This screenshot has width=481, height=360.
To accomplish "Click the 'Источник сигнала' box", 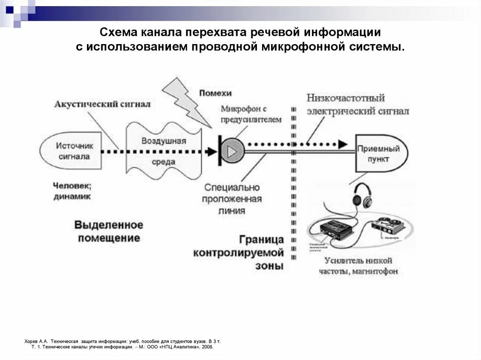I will pos(71,151).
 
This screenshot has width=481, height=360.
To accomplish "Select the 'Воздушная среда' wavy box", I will pos(163,151).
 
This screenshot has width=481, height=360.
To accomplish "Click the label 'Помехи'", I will pos(215,93).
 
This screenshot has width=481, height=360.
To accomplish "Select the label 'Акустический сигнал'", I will pos(102,104).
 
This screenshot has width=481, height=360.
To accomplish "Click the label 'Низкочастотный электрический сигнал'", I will pos(357,105).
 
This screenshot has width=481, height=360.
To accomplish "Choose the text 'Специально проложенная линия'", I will pos(232,199).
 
